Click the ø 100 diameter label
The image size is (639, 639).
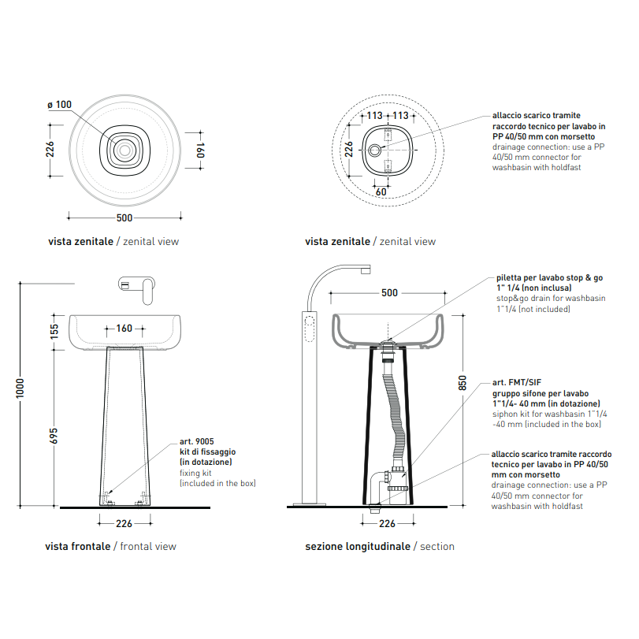[60, 105]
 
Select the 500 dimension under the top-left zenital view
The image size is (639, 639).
[124, 218]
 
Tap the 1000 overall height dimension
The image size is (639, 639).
[20, 388]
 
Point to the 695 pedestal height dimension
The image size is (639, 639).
[54, 436]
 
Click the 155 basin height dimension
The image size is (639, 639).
[54, 332]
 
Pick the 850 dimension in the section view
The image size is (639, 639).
[463, 383]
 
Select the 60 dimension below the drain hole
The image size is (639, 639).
[381, 192]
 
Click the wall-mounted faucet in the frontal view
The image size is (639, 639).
[137, 288]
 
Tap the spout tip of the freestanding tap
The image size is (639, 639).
[366, 269]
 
